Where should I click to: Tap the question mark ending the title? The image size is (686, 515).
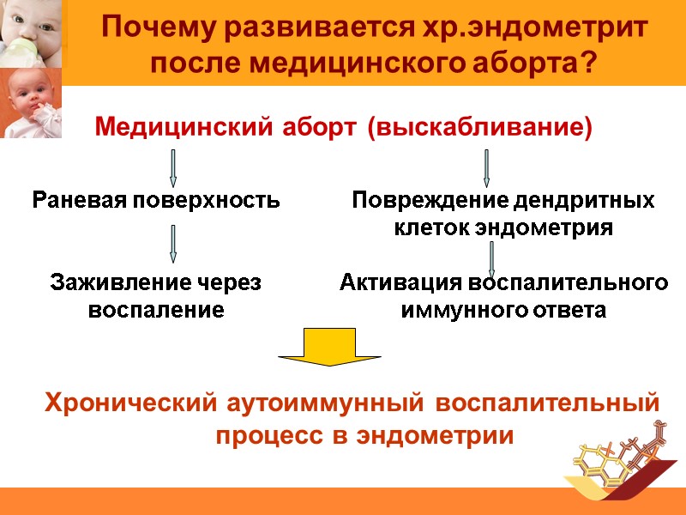click(588, 64)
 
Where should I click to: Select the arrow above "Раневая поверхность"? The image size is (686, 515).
click(173, 168)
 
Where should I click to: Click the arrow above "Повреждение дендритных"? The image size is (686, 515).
click(486, 168)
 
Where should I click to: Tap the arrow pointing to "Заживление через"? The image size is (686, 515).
click(173, 244)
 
